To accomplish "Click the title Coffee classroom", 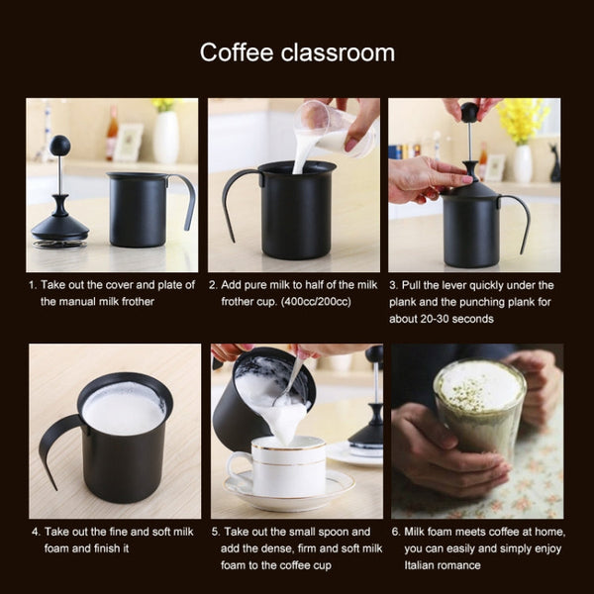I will [x=297, y=52].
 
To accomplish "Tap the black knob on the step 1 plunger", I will [x=60, y=145].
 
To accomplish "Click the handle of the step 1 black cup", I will [x=185, y=198].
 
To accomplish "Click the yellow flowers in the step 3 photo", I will [x=523, y=118].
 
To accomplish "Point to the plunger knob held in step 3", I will [x=469, y=113].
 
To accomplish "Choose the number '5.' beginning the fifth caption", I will [x=216, y=532].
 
